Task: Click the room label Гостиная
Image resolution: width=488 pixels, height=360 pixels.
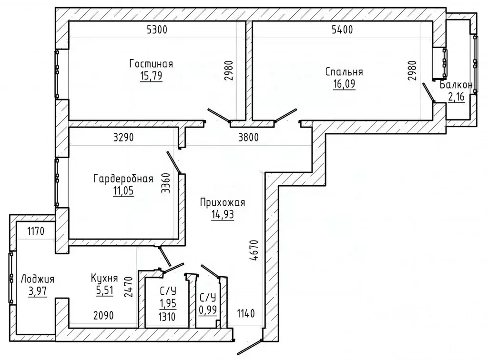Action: coord(151,64)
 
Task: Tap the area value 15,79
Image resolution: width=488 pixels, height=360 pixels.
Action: coord(151,76)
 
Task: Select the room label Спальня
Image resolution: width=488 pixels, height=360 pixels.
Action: coord(344,72)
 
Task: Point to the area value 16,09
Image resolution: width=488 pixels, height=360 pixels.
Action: coord(344,84)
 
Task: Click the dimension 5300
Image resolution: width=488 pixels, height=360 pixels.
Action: coord(157,30)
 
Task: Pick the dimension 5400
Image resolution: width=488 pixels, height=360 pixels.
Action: coord(342,30)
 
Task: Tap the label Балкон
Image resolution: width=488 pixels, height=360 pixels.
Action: coord(456,85)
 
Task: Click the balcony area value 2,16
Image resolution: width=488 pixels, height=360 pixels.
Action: coord(456,97)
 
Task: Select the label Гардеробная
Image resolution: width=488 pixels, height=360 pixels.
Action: coord(123,179)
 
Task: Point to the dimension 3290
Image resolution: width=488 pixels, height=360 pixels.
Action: coord(123,137)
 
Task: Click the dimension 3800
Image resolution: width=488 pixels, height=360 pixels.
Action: coord(248,137)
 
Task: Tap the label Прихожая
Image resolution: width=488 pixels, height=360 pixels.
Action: coord(223,203)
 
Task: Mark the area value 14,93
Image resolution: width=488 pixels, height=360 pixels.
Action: coord(223,215)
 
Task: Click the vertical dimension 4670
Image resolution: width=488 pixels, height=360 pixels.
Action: coord(254,250)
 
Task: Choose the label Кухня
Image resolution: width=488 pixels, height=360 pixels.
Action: coord(104,278)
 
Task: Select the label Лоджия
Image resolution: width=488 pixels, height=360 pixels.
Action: coord(37,279)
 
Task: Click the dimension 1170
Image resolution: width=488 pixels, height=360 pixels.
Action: coord(36,231)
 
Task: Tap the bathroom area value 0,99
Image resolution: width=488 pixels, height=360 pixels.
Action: coord(208,310)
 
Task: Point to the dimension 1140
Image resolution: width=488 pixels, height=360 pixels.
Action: coord(246,313)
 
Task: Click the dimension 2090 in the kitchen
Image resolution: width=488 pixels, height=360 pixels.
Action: coord(103,316)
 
